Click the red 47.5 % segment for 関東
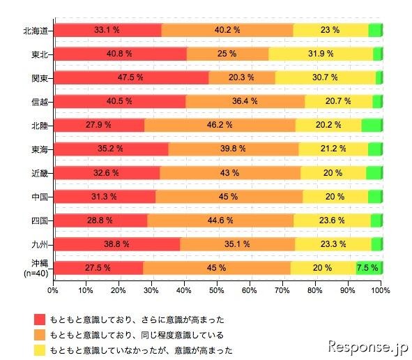click(x=131, y=77)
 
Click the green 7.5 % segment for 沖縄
click(x=367, y=268)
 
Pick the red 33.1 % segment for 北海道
click(x=107, y=30)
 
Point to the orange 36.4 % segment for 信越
click(x=245, y=101)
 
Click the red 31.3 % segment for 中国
click(x=104, y=196)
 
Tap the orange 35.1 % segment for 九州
click(x=238, y=243)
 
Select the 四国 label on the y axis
click(x=40, y=220)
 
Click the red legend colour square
click(x=39, y=319)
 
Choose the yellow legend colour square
click(x=39, y=350)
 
